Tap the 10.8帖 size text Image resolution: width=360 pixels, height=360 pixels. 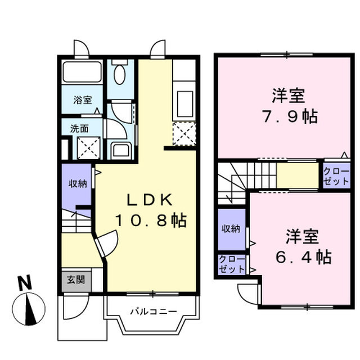pos(151,220)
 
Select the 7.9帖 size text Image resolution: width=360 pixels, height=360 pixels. pos(289,116)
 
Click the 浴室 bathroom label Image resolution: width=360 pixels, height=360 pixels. pos(82,100)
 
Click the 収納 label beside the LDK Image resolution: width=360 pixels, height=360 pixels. pos(78,183)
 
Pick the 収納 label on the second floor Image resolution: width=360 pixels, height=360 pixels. pos(231,228)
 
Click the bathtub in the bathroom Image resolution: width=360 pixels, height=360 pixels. pos(82,72)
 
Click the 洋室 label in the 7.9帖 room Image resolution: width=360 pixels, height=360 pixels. pos(289,96)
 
